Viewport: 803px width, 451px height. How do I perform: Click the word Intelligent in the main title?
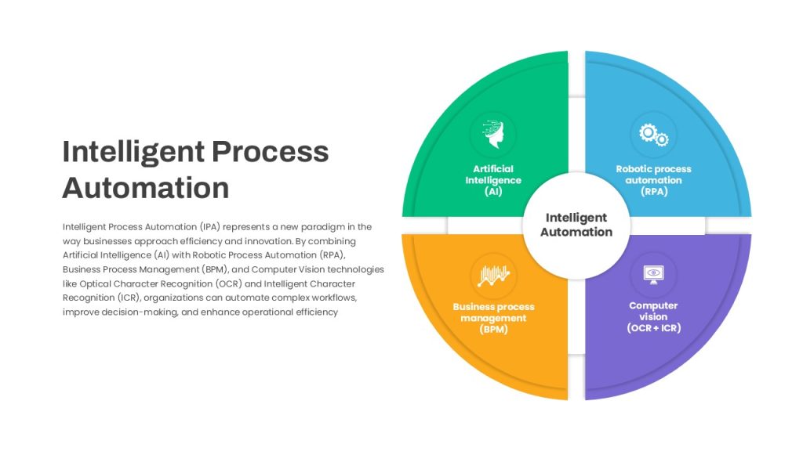tap(133, 153)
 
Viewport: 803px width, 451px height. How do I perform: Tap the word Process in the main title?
tap(271, 151)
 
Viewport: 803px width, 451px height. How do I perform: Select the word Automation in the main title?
tap(146, 188)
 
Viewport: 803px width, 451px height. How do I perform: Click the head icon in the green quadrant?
tap(493, 135)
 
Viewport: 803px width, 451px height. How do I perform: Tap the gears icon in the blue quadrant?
tap(653, 135)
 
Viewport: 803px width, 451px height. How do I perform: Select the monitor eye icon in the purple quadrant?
tap(653, 275)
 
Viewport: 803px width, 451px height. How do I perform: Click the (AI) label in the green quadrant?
tap(493, 191)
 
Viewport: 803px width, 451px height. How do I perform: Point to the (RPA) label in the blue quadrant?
tap(654, 191)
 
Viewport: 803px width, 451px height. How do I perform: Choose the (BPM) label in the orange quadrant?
tap(494, 329)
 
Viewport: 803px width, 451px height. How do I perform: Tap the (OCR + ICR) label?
tap(654, 328)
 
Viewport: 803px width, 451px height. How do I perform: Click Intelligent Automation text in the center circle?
tap(576, 225)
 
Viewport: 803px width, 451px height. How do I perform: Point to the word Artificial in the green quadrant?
tap(493, 169)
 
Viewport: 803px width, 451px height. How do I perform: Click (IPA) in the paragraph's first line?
tap(210, 226)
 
